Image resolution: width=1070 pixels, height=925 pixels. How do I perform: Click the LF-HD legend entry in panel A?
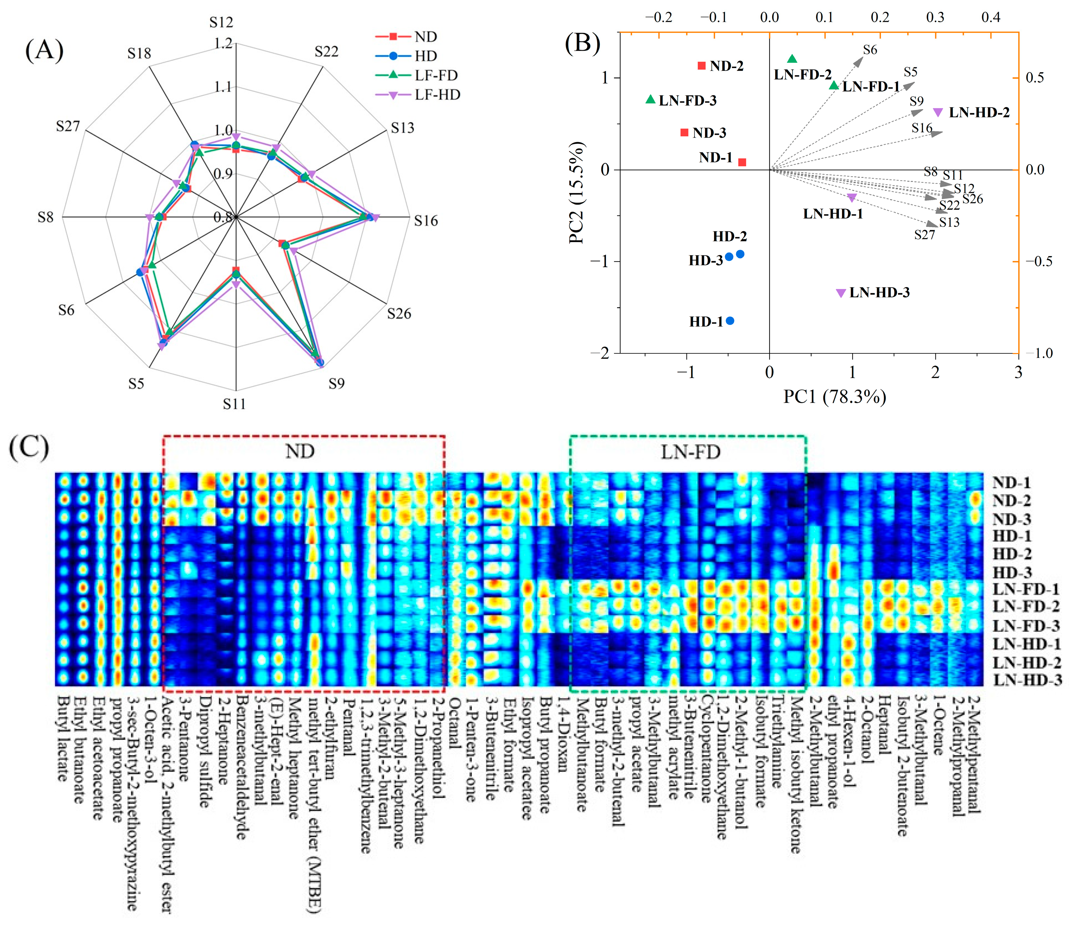437,95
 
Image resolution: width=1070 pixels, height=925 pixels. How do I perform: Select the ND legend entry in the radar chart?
426,37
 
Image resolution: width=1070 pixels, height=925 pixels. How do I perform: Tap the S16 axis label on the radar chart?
426,221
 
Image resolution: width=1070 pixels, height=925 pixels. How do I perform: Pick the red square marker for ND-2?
701,65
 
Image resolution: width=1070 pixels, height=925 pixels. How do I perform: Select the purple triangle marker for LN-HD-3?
841,293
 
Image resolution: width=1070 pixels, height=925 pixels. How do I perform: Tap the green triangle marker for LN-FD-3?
651,99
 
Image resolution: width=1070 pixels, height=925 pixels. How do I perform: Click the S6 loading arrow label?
870,50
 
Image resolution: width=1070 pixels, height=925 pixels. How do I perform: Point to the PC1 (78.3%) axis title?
835,396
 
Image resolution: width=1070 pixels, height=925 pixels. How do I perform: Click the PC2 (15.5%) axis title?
577,192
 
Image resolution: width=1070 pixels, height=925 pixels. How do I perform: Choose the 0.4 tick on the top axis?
990,17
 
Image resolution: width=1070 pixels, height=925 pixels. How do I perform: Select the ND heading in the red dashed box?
300,451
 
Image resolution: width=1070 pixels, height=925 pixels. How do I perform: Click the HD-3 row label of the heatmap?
1012,572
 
